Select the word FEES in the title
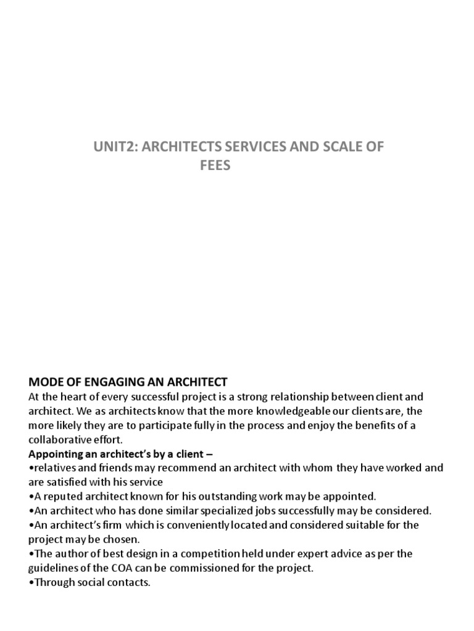[215, 166]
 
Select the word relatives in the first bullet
[54, 468]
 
